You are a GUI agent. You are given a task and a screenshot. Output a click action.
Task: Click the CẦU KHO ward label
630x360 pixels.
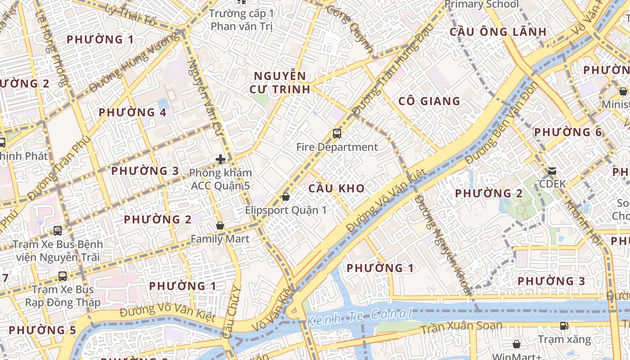(x=337, y=188)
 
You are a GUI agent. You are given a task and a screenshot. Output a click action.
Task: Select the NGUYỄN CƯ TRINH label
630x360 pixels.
(x=280, y=82)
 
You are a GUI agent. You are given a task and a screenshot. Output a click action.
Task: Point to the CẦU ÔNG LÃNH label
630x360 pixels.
(x=498, y=32)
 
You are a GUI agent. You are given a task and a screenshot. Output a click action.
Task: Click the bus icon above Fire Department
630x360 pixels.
(x=337, y=133)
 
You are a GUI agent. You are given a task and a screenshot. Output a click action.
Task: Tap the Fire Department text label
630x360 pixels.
(x=337, y=147)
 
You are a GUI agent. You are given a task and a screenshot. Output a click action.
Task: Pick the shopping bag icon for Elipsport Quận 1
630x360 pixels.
(x=285, y=197)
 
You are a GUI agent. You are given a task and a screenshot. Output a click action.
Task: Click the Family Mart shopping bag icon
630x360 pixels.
(x=220, y=225)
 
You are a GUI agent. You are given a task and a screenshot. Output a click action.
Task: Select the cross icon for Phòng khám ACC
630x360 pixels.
(x=220, y=159)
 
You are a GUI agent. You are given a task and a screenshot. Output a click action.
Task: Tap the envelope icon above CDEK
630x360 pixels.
(x=552, y=171)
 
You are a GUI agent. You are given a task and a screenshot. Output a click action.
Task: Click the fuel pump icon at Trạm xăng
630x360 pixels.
(x=564, y=326)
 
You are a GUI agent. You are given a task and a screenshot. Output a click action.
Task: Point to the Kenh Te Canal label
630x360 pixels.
(x=360, y=317)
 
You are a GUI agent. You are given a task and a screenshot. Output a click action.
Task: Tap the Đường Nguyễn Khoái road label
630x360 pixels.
(x=443, y=243)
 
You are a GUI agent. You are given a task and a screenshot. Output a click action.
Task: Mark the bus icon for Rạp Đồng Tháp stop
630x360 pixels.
(x=63, y=276)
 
